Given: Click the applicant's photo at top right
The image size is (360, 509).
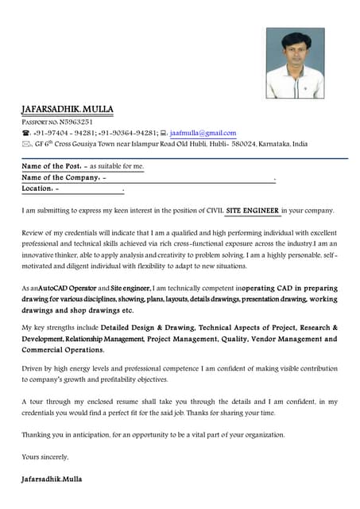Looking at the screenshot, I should pos(295,64).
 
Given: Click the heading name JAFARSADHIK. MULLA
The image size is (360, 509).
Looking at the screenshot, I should pos(68,108).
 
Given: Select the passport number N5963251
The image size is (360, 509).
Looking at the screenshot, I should pos(76,122).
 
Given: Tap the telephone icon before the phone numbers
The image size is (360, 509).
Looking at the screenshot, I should pos(25,133).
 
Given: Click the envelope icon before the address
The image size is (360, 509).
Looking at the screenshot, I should pos(25,144).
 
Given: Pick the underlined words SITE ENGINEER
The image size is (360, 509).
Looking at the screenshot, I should pos(253,211).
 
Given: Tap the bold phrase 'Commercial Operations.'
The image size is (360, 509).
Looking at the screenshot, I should pos(62,349).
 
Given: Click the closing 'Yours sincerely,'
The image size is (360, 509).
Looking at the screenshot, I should pos(45,457).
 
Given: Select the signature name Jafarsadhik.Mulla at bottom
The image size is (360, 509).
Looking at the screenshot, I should pos(52,480).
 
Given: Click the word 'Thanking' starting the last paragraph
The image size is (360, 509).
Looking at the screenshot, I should pos(37,434).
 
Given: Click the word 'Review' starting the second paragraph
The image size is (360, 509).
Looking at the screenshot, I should pos(34,231).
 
